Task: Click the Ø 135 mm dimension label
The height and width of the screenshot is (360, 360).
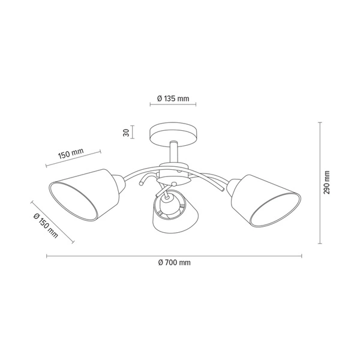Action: click(173, 98)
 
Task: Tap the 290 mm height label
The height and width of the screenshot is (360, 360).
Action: click(327, 182)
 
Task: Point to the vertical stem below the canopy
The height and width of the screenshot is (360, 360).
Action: click(172, 153)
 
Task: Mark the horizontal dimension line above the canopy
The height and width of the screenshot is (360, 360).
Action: click(173, 106)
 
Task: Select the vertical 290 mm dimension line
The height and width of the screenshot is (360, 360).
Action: click(320, 182)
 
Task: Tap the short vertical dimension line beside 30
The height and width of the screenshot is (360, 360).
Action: click(133, 133)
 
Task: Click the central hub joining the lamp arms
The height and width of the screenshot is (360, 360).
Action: click(173, 176)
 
